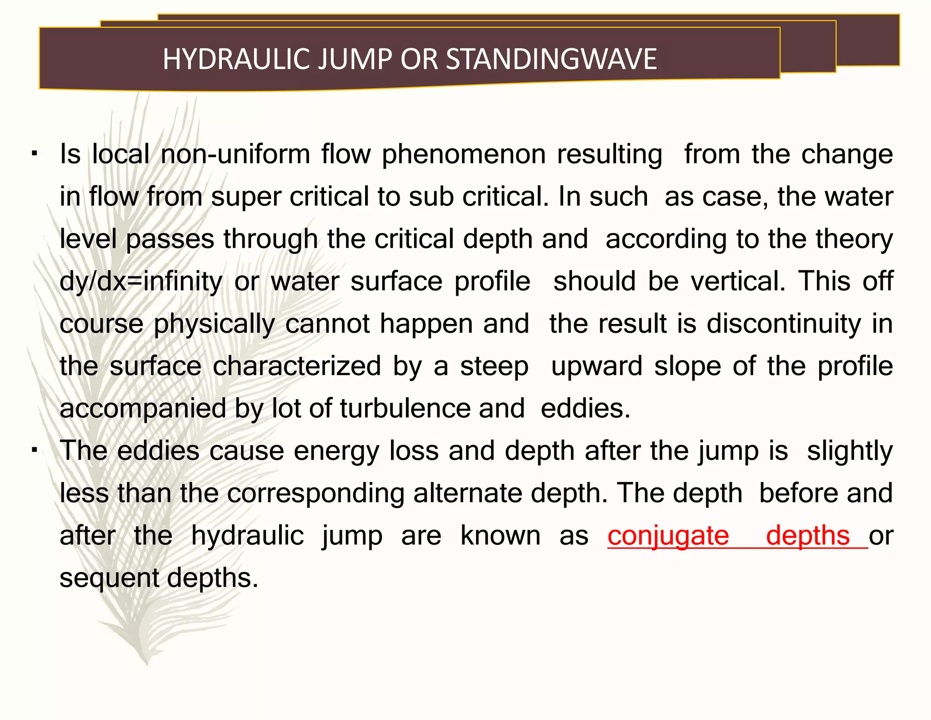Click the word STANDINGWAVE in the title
551,59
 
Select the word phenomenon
464,155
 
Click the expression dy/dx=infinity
141,282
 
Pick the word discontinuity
784,324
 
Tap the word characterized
297,366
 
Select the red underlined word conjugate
668,536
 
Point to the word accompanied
143,409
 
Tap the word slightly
850,452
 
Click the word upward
597,366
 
